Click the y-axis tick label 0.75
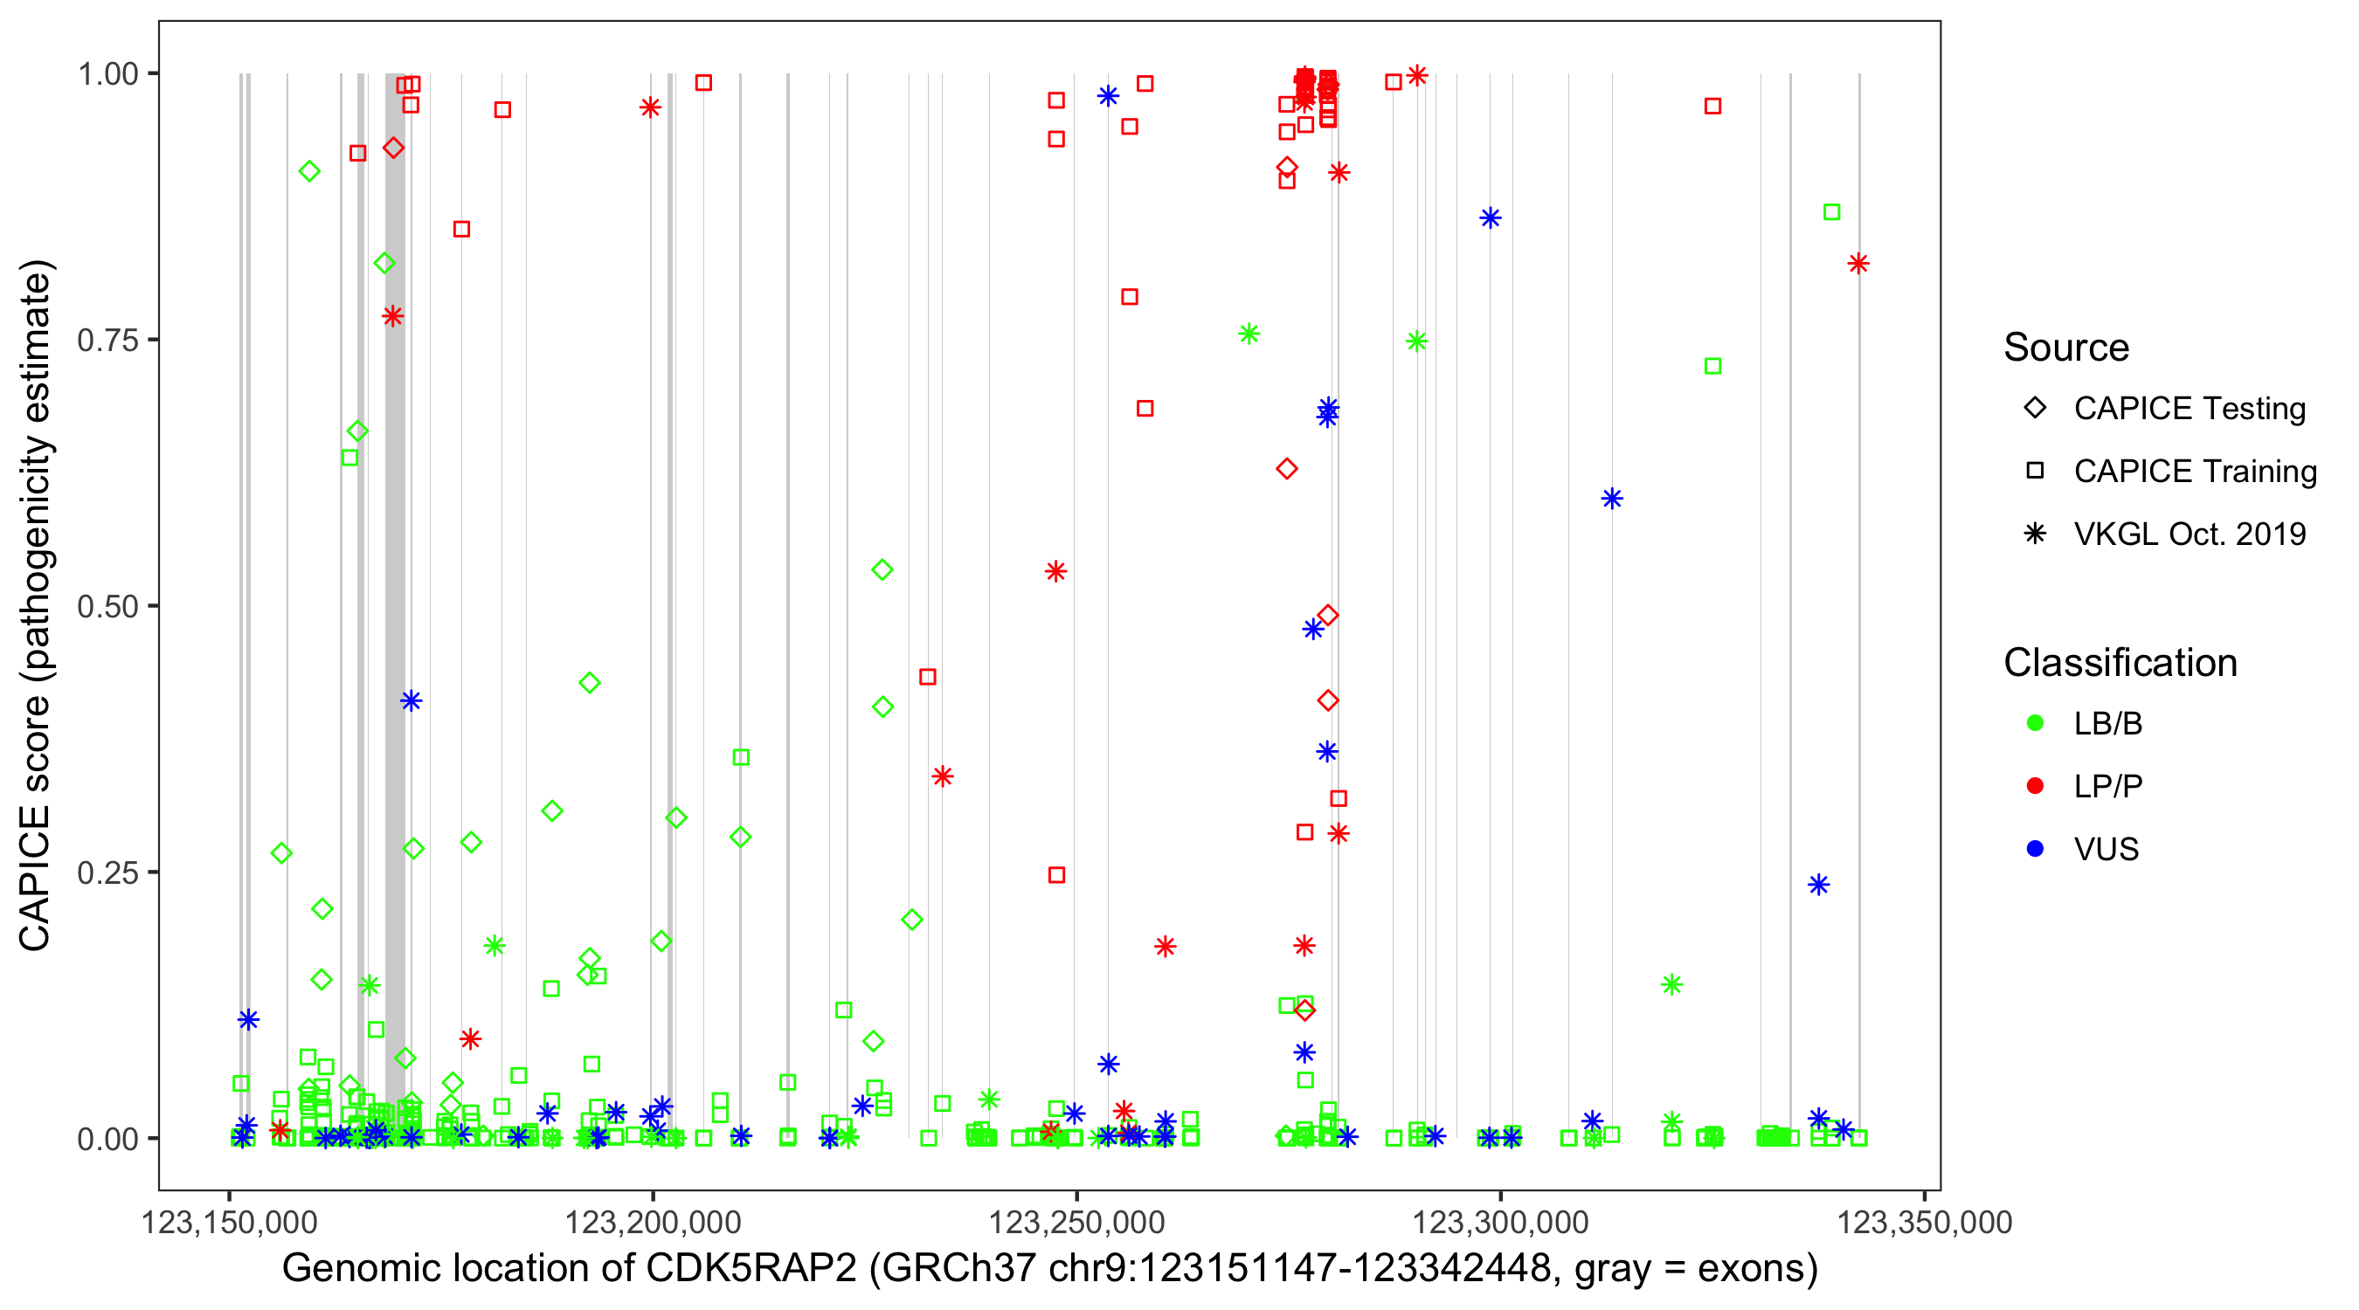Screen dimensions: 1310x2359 (107, 341)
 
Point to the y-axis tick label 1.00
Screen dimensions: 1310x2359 (107, 74)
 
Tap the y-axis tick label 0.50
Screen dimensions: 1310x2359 (107, 607)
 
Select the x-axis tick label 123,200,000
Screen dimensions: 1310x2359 (652, 1222)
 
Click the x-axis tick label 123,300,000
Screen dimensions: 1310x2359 (1500, 1222)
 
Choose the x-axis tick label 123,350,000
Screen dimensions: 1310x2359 (1924, 1222)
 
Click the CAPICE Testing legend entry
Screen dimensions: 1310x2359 (2189, 409)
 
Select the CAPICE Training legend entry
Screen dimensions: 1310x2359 (2194, 472)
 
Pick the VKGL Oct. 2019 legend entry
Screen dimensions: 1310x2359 (2189, 534)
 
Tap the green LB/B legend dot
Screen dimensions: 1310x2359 (2035, 723)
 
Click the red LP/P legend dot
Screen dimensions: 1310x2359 (2035, 786)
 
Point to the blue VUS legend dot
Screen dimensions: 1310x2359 (2035, 850)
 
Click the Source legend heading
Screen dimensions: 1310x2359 (2066, 348)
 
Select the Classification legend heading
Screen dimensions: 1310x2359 (2120, 663)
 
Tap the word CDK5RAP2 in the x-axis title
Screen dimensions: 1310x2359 (751, 1269)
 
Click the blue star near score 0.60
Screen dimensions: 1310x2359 (1612, 499)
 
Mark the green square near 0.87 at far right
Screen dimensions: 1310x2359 (1831, 212)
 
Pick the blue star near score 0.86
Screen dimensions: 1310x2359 (1490, 217)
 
